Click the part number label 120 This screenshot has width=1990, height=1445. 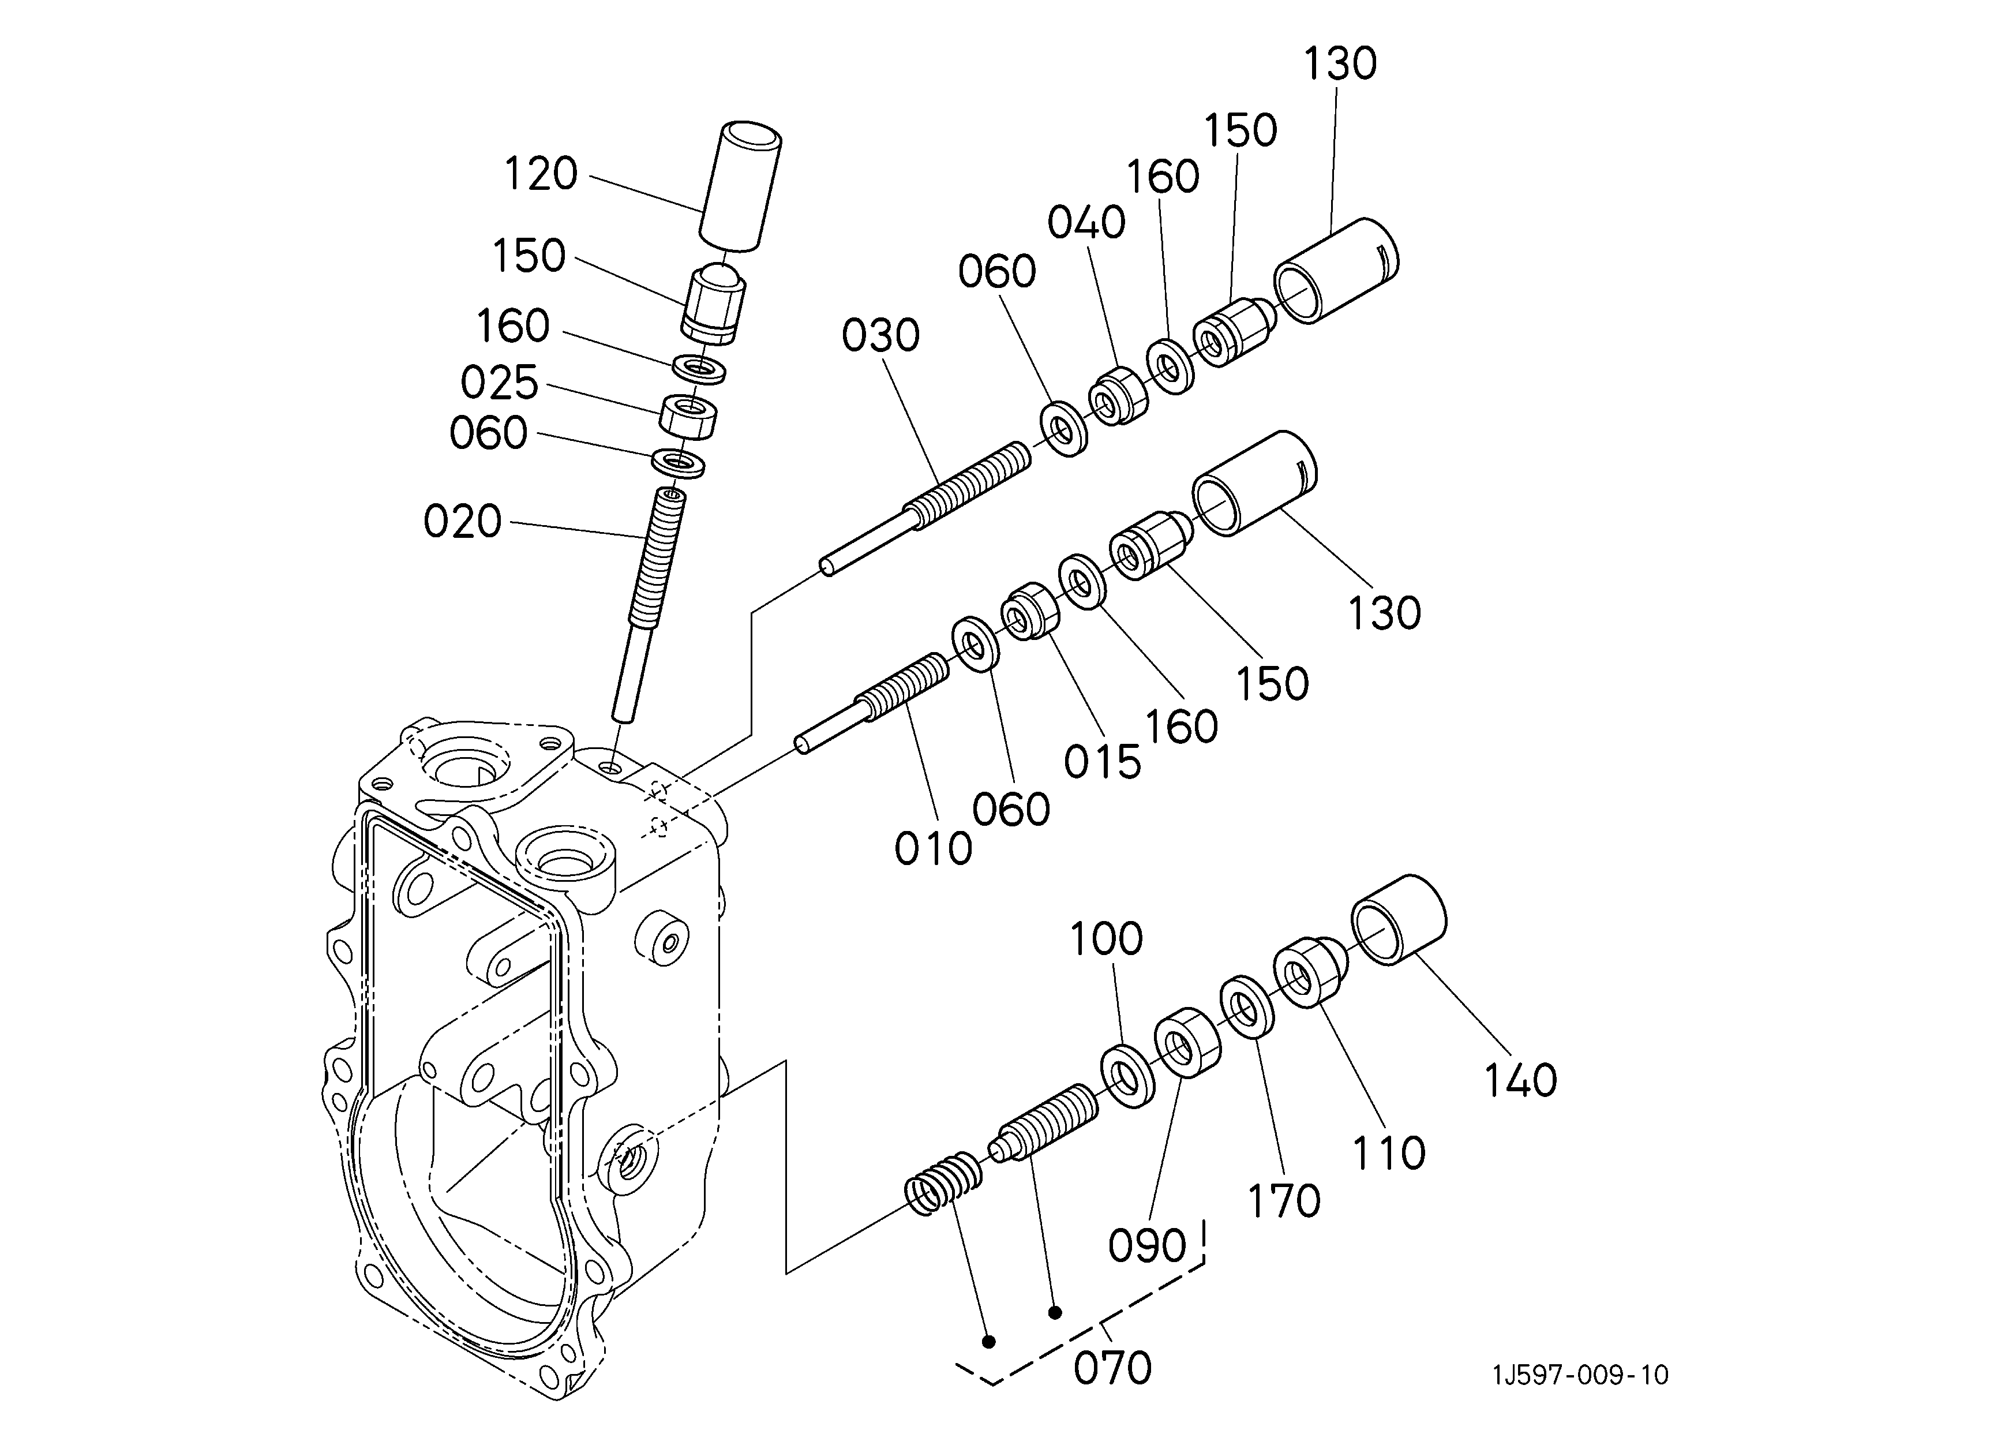pyautogui.click(x=541, y=174)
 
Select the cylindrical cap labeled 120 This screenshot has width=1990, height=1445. pyautogui.click(x=740, y=185)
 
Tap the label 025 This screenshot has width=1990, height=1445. pyautogui.click(x=499, y=383)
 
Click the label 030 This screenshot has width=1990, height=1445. pyautogui.click(x=881, y=336)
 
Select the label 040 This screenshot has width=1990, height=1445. pyautogui.click(x=1086, y=223)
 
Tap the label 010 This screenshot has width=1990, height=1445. pyautogui.click(x=934, y=848)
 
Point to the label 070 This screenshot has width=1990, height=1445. pyautogui.click(x=1112, y=1368)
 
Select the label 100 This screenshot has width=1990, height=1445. pyautogui.click(x=1105, y=939)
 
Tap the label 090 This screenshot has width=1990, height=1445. pyautogui.click(x=1147, y=1246)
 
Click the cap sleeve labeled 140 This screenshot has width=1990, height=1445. pyautogui.click(x=1398, y=919)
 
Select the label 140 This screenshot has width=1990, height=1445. pyautogui.click(x=1520, y=1080)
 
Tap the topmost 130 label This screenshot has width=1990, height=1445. pyautogui.click(x=1340, y=64)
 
